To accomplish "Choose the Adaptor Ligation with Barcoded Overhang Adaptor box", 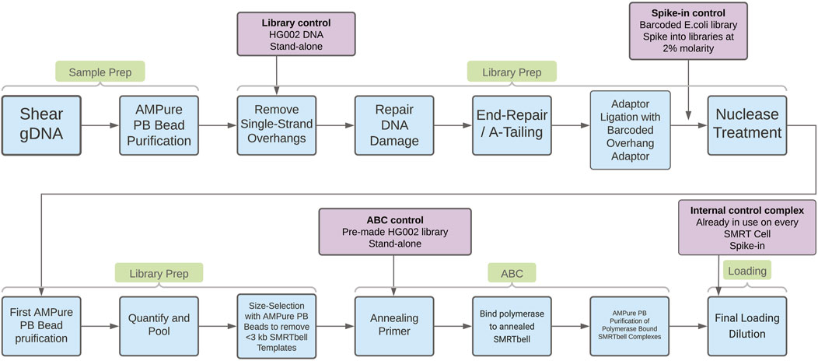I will click(x=630, y=128).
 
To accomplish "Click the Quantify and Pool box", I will click(x=159, y=327).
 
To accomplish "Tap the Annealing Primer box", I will click(x=393, y=327).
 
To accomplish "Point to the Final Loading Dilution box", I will click(x=747, y=327).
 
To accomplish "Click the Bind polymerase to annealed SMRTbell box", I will click(x=511, y=327).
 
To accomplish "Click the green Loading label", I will click(x=747, y=272).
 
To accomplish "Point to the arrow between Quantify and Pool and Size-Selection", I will click(x=217, y=327).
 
